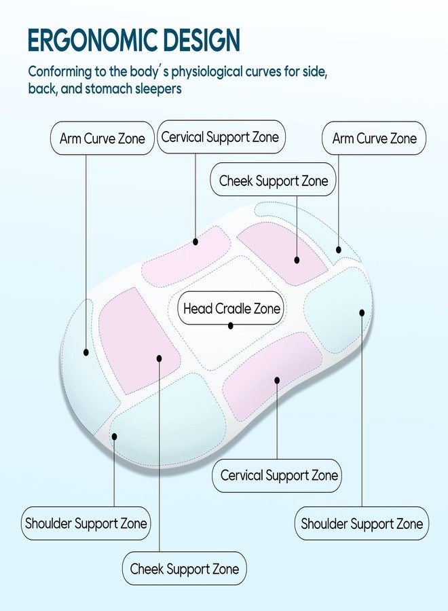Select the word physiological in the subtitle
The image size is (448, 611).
pos(212,72)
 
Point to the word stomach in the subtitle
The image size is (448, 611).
pos(109,89)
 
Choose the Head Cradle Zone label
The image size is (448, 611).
pos(231,308)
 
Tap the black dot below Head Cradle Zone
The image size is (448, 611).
pos(231,325)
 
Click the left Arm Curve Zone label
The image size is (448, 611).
pos(102,138)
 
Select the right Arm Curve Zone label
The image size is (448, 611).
pos(374,138)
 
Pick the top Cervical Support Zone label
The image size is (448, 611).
pos(221,136)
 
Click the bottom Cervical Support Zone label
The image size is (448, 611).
pos(277,475)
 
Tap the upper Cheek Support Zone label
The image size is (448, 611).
pos(273,179)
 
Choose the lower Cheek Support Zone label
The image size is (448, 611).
pos(184,568)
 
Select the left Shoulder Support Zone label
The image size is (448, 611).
pos(86,523)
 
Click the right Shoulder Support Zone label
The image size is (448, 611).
pos(362,523)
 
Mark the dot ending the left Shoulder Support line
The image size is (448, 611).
pos(114,437)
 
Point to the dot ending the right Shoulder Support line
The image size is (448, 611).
pos(362,312)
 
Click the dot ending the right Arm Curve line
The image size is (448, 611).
pos(339,250)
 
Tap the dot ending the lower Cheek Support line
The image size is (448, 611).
pos(159,358)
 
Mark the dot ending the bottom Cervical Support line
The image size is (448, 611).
pos(277,380)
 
